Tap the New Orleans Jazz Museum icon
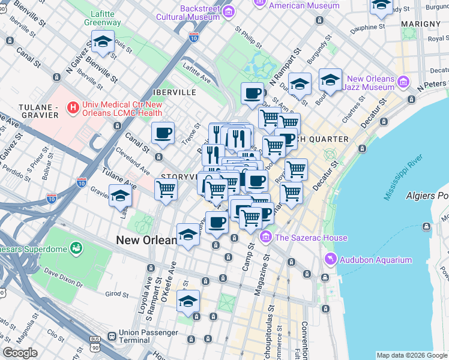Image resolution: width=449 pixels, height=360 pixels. [x=403, y=81]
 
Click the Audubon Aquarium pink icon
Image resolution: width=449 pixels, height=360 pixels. [x=330, y=260]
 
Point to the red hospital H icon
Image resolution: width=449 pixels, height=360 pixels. [x=73, y=107]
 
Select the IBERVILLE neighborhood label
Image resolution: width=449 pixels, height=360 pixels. [x=175, y=92]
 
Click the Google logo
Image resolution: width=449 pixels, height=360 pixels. [x=20, y=353]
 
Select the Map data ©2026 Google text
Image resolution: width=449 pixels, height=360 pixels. [x=412, y=355]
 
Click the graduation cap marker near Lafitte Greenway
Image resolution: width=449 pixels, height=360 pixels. [x=103, y=42]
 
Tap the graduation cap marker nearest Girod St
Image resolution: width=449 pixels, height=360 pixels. [x=188, y=302]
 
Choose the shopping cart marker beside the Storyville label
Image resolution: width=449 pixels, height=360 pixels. [x=166, y=189]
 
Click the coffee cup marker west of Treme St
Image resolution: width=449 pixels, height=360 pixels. [x=162, y=134]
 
